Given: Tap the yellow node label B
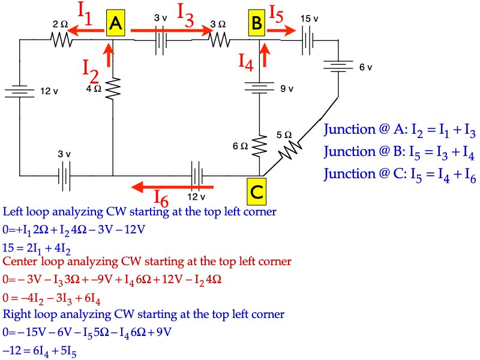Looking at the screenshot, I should (x=257, y=24).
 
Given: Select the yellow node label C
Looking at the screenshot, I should (x=256, y=192).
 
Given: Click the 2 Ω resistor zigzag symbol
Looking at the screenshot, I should (x=61, y=40).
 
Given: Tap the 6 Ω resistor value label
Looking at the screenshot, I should (x=241, y=146).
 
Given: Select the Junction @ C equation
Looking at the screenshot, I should (x=400, y=175).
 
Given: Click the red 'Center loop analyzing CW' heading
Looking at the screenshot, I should (x=147, y=262).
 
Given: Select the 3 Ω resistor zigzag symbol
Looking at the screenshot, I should (x=219, y=40).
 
